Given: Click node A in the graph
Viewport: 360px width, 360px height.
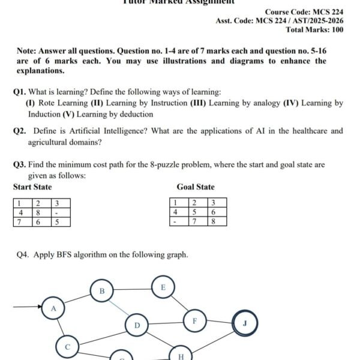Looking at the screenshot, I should [x=53, y=308].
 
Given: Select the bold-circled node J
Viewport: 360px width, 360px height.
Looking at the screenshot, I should [x=244, y=323].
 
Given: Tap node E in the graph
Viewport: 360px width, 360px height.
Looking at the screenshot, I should [x=163, y=287].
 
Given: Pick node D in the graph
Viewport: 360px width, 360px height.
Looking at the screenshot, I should [x=136, y=326].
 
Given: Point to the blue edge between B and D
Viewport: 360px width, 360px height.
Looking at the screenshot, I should [x=119, y=308].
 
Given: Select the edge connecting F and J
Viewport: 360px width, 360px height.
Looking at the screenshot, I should [x=219, y=321].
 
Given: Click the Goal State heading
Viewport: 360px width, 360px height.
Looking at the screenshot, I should [x=196, y=187].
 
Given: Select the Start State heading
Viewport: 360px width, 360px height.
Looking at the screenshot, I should [x=32, y=187].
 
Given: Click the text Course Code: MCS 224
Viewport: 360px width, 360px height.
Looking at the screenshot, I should [x=304, y=12].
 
